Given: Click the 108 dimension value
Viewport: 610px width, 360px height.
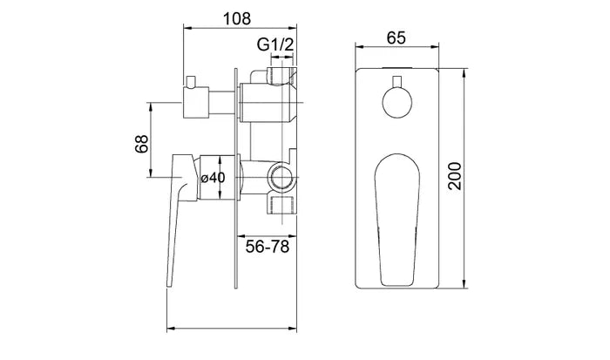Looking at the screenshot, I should coord(237,17).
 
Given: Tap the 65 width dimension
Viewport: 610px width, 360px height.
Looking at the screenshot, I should coord(398,37).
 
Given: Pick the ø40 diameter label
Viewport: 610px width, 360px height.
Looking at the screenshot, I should coord(213,177).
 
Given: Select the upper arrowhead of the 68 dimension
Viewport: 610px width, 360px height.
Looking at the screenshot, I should coord(153,108).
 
